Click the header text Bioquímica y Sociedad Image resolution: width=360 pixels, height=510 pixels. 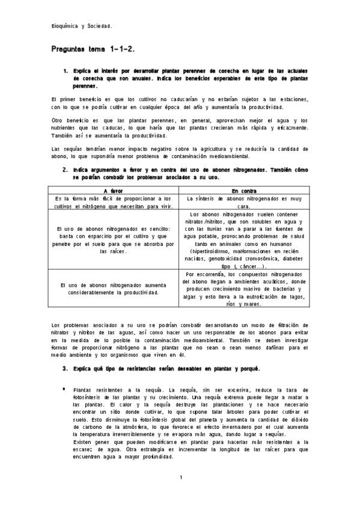pyautogui.click(x=81, y=26)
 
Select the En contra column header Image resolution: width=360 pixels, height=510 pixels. pyautogui.click(x=244, y=190)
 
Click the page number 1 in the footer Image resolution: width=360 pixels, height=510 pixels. pyautogui.click(x=180, y=478)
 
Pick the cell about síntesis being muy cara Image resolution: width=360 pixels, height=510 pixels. pyautogui.click(x=244, y=201)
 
